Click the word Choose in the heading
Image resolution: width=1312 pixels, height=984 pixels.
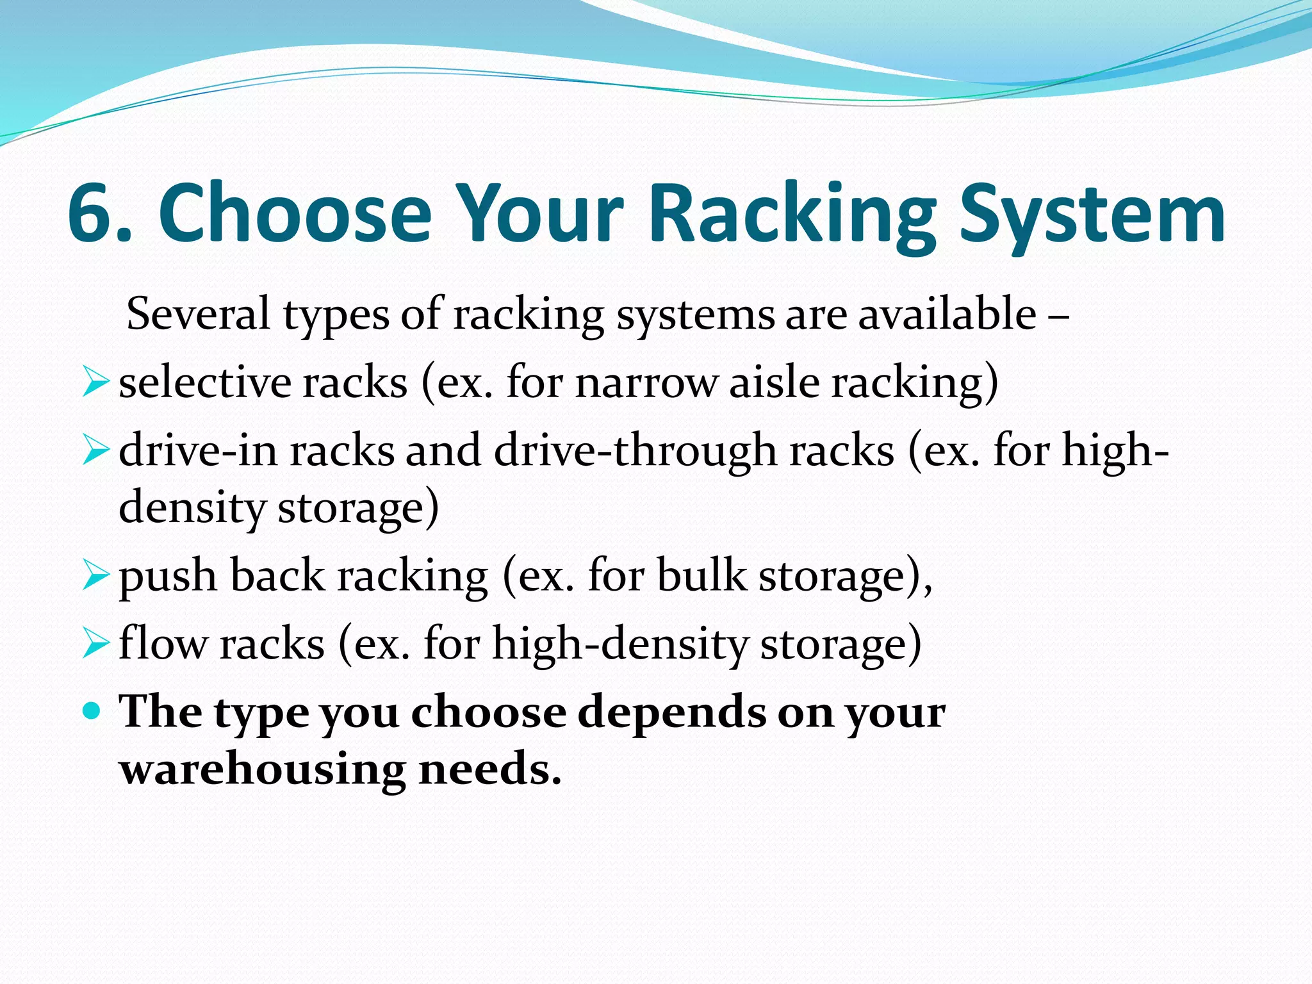pyautogui.click(x=295, y=213)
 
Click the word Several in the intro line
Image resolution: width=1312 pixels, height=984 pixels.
pyautogui.click(x=198, y=314)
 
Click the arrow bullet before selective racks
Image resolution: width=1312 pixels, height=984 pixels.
pyautogui.click(x=96, y=383)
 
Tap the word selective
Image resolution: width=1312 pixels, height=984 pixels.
pyautogui.click(x=205, y=383)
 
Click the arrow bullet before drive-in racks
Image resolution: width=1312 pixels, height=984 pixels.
pyautogui.click(x=96, y=452)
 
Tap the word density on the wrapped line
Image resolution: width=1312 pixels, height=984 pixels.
pyautogui.click(x=192, y=508)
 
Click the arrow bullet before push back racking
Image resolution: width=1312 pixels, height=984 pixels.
pyautogui.click(x=96, y=576)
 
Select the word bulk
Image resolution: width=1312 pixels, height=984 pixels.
pyautogui.click(x=701, y=575)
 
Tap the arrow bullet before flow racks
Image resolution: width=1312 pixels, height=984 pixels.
pyautogui.click(x=96, y=644)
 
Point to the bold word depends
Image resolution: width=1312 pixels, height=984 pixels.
pyautogui.click(x=672, y=712)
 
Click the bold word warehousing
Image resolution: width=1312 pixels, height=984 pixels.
pyautogui.click(x=263, y=769)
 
